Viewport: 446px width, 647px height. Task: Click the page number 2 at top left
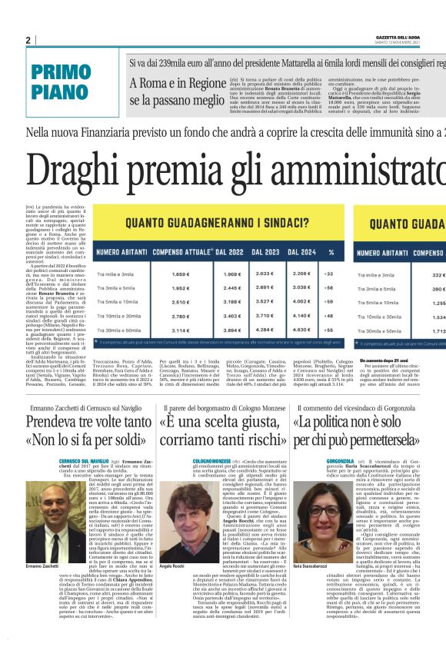click(x=28, y=40)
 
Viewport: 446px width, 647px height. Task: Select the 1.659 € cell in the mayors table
click(x=179, y=274)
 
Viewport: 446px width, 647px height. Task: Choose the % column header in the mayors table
click(x=331, y=251)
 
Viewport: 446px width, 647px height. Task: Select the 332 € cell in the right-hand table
click(x=439, y=274)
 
